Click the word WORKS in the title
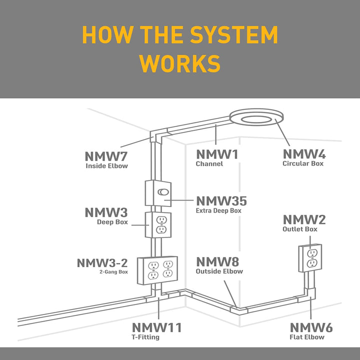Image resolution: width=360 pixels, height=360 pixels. coord(180,64)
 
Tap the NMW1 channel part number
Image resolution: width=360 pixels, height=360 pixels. coord(217,154)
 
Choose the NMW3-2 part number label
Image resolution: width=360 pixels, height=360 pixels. coord(102,263)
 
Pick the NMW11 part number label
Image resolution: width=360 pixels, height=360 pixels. coord(156,328)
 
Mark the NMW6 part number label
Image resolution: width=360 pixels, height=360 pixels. coord(311,328)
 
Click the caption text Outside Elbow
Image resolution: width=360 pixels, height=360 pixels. coord(219,271)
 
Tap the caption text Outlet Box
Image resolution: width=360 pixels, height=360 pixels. coord(300,229)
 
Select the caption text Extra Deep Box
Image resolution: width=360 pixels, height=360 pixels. coord(218,210)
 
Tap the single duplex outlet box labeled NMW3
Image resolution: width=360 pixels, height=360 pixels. coord(158,225)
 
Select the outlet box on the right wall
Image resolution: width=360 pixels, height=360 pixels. coord(310,258)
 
